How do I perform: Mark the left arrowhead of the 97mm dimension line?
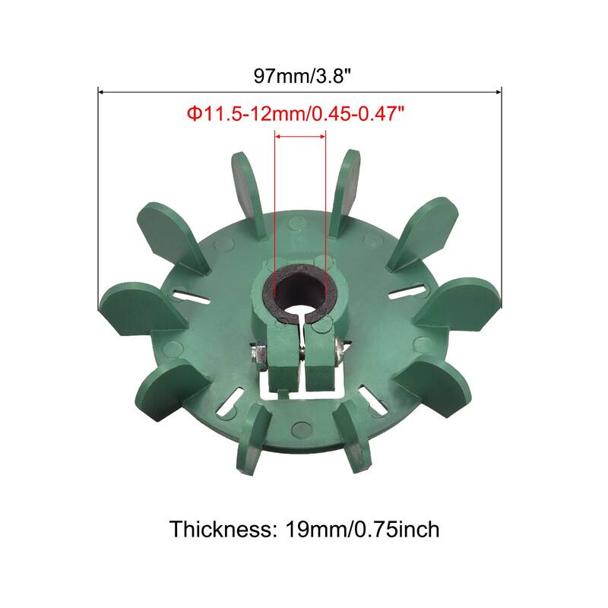tap(101, 92)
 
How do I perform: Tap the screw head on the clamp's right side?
tap(339, 349)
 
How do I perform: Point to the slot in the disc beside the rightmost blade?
tap(407, 293)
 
